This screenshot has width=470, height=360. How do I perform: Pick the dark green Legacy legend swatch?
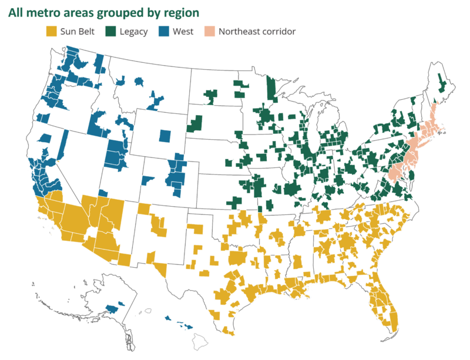(x=111, y=31)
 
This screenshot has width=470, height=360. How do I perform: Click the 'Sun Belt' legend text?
(x=79, y=32)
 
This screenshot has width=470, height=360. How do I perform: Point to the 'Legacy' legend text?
(x=133, y=32)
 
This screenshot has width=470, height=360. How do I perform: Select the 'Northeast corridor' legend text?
(x=257, y=32)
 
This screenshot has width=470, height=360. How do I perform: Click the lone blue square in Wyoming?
(x=165, y=136)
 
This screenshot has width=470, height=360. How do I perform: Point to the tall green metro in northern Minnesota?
(x=271, y=88)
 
